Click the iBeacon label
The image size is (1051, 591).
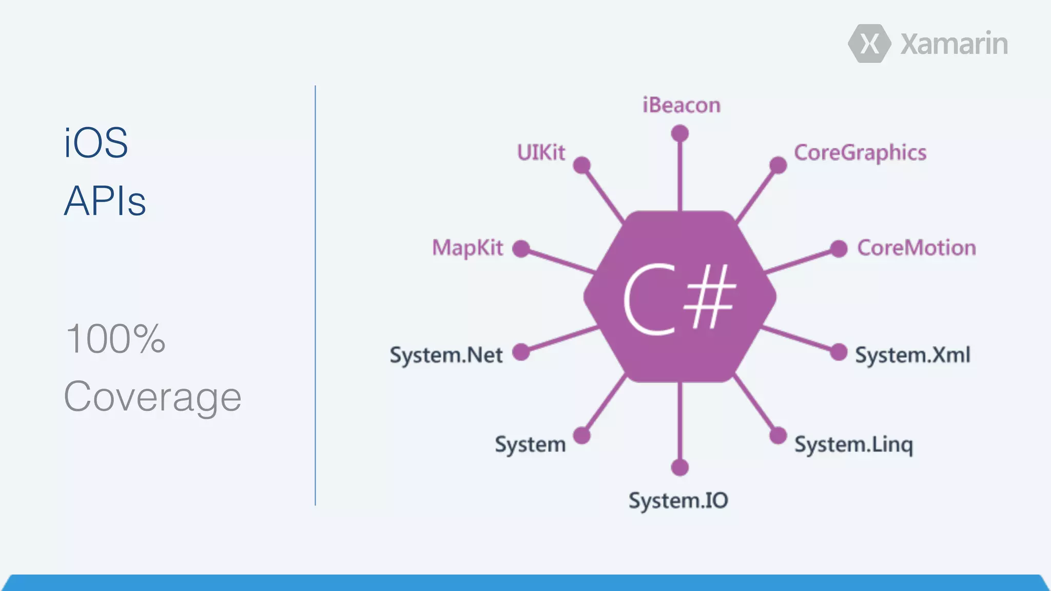pos(682,106)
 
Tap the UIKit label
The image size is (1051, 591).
pos(541,152)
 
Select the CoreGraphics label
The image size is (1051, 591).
pos(860,153)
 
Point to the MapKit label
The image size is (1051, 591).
pos(468,248)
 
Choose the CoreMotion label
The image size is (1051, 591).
pos(917,248)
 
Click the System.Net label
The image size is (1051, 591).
pos(446,355)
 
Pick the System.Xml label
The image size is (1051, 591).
pos(912,355)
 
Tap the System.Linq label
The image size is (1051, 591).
pos(854,445)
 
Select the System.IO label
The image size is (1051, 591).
pos(678,501)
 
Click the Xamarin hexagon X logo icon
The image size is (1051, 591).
pos(869,44)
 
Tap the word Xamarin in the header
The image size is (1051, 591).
pos(954,44)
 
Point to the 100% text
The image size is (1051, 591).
pos(115,339)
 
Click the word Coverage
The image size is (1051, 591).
pos(152,397)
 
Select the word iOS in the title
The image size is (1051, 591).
pos(96,143)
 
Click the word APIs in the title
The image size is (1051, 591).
pos(105,201)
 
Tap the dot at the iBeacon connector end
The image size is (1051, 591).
pos(680,134)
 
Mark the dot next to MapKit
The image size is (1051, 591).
pos(521,249)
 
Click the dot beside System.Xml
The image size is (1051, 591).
pos(839,352)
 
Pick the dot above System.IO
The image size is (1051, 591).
pos(680,467)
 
